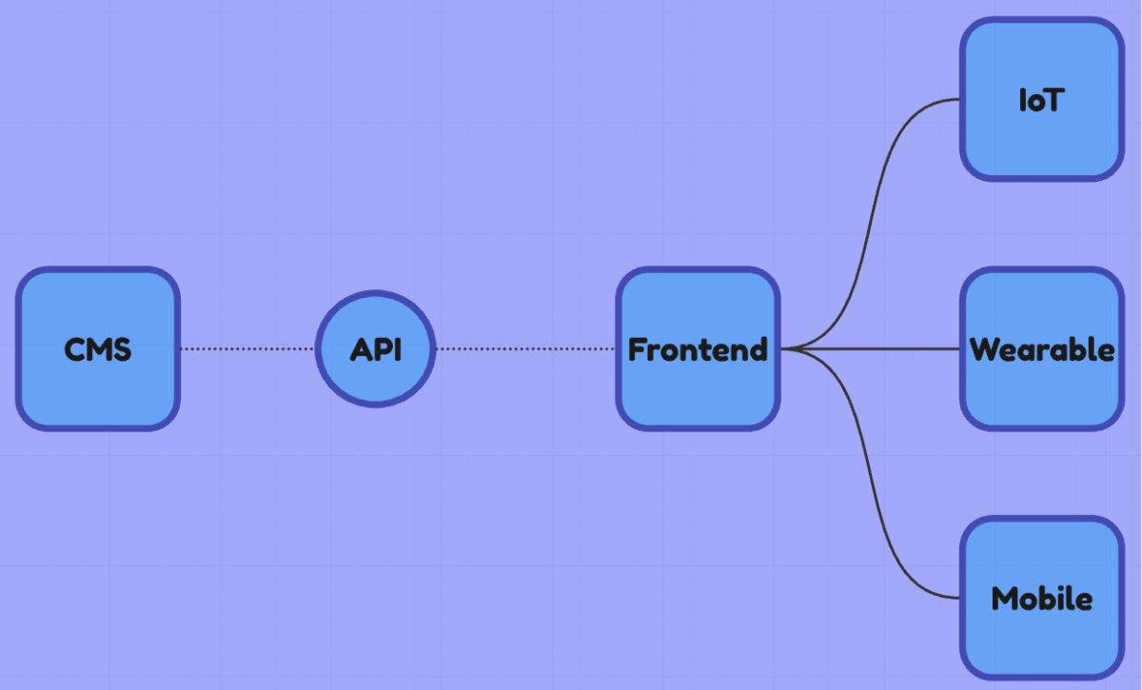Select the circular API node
coord(375,319)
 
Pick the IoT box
coord(1041,143)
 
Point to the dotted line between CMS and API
coord(247,349)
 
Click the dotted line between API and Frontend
coord(523,349)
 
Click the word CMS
coord(97,350)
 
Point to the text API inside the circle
coord(375,350)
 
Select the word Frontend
coord(698,350)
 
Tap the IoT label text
coord(1039,101)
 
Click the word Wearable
coord(1042,350)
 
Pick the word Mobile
coord(1041,600)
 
